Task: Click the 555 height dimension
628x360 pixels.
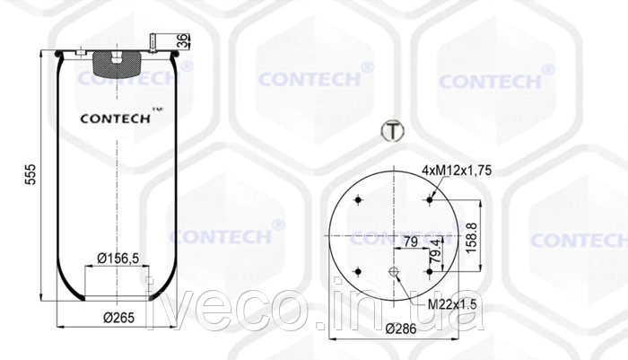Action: (x=31, y=174)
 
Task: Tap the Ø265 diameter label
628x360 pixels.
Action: (x=118, y=318)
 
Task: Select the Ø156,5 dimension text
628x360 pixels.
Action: (x=118, y=259)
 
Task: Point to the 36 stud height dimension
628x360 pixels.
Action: (x=183, y=41)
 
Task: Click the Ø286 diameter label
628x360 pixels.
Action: (x=401, y=329)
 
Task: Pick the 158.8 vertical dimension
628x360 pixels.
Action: (x=472, y=237)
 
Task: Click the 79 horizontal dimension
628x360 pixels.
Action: (x=411, y=241)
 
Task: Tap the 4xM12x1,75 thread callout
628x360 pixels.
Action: (x=457, y=171)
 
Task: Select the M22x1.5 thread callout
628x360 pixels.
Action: (x=452, y=304)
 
